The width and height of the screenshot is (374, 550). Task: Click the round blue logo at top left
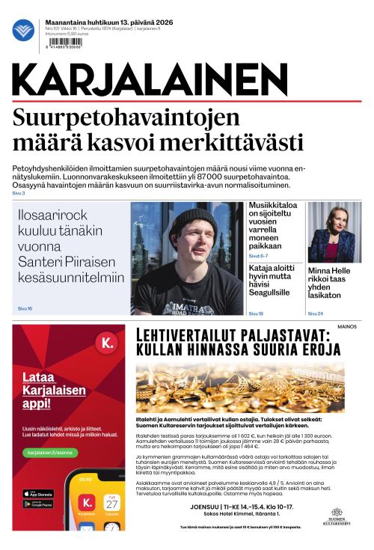[x=22, y=30]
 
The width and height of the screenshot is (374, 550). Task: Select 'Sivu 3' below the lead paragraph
[x=19, y=194]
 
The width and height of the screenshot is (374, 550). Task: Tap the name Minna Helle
[x=329, y=272]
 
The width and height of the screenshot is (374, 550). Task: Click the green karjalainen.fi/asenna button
[x=49, y=452]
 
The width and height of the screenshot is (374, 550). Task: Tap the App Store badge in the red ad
[x=38, y=494]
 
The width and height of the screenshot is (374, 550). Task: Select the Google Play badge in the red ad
[x=38, y=504]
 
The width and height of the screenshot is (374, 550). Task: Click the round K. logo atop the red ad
[x=108, y=343]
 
